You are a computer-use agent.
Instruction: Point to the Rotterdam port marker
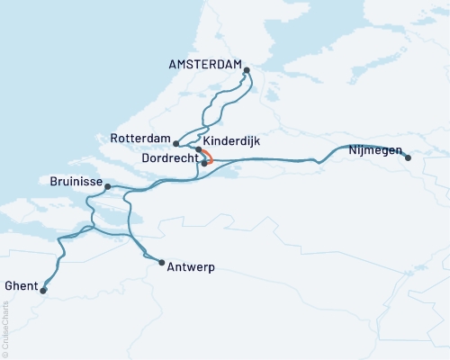click(176, 144)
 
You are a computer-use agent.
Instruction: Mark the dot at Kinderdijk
click(199, 149)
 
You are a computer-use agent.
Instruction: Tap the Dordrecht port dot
click(205, 163)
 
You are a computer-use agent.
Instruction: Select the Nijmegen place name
click(374, 150)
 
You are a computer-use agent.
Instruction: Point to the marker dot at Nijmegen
click(408, 158)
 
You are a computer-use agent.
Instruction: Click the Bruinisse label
click(69, 181)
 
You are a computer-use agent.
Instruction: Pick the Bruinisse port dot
click(107, 187)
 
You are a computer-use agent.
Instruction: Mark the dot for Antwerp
click(161, 263)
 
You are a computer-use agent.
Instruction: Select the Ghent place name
click(20, 284)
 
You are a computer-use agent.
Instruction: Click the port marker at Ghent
click(43, 290)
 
